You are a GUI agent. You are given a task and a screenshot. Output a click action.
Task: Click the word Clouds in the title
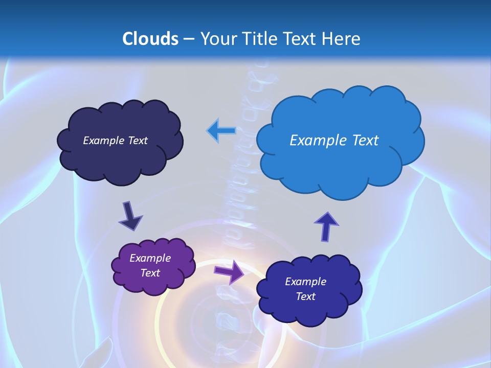click(150, 39)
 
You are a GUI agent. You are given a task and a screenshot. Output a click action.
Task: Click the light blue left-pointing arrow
click(221, 131)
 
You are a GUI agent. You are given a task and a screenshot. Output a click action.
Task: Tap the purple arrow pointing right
click(229, 271)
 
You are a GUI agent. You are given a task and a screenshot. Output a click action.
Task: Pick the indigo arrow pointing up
click(326, 226)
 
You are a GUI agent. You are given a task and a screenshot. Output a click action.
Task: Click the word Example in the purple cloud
click(150, 258)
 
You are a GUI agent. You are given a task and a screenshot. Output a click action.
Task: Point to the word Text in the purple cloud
click(150, 273)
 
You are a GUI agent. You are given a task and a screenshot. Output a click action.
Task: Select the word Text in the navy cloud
click(138, 141)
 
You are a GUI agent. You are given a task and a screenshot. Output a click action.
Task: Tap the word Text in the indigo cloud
click(305, 296)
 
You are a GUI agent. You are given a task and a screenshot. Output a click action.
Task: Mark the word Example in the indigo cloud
click(305, 282)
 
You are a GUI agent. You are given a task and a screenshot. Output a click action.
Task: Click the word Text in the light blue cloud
click(365, 141)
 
